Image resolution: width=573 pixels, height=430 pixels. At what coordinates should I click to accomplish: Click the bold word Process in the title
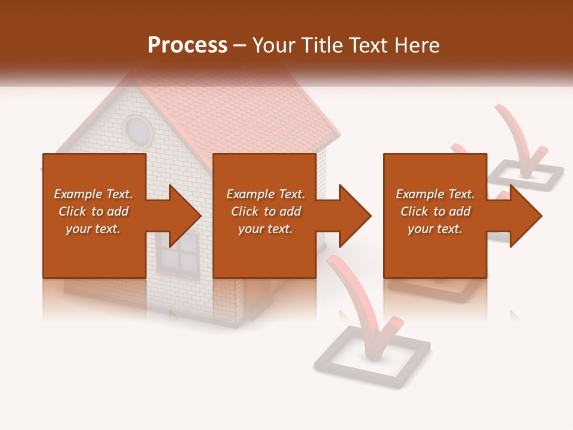click(x=187, y=45)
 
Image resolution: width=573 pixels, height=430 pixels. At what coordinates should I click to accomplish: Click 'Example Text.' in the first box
click(x=94, y=193)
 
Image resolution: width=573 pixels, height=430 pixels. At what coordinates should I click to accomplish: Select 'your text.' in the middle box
click(x=265, y=229)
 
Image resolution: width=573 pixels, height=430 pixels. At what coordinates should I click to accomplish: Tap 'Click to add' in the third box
click(x=435, y=211)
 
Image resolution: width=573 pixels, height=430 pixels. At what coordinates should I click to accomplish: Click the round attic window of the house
click(x=138, y=131)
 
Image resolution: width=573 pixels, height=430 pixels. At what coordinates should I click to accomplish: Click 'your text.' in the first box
click(x=94, y=229)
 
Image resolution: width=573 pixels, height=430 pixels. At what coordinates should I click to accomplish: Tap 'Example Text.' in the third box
click(x=435, y=193)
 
